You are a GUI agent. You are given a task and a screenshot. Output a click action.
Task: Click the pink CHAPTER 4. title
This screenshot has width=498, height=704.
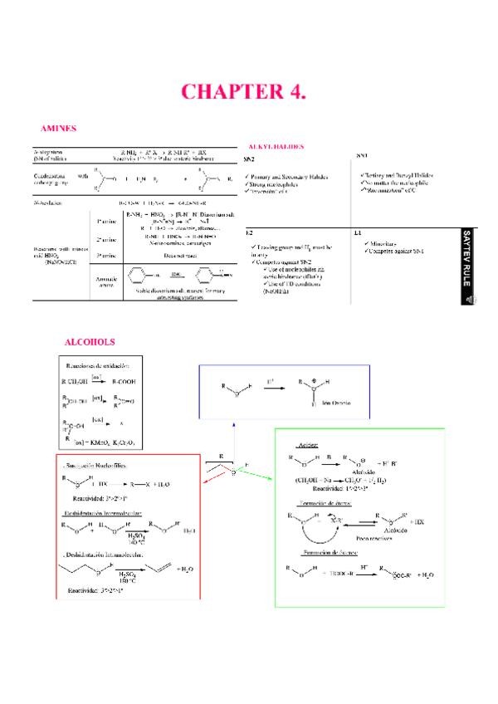pyautogui.click(x=249, y=90)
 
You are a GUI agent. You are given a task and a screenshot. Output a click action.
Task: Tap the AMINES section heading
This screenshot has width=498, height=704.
pyautogui.click(x=59, y=129)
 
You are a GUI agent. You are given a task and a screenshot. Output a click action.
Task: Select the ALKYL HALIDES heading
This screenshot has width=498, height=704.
pyautogui.click(x=276, y=146)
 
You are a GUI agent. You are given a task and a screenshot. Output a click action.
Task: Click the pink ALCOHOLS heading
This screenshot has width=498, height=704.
pyautogui.click(x=90, y=341)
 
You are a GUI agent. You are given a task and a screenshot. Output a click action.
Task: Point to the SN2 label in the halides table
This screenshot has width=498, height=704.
pyautogui.click(x=249, y=157)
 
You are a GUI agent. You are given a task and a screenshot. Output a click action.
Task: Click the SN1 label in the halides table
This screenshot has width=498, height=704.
pyautogui.click(x=362, y=156)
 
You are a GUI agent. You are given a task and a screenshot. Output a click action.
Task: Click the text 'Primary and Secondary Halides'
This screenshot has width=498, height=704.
pyautogui.click(x=290, y=177)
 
